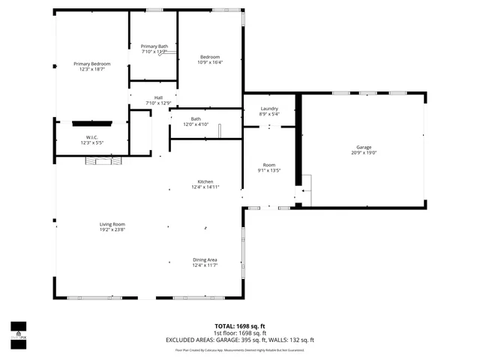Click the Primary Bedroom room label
[91, 64]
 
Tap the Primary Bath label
[154, 46]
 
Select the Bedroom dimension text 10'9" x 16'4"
[210, 63]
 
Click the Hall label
[158, 97]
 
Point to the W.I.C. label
[91, 136]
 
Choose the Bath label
[196, 118]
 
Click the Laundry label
[269, 109]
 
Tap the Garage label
[364, 147]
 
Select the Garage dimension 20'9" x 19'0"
[364, 153]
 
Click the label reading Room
[269, 165]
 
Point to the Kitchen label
[205, 181]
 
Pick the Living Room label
[112, 224]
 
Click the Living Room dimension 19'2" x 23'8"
[112, 230]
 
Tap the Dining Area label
[205, 259]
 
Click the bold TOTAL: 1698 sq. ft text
[239, 326]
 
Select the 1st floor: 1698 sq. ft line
[239, 333]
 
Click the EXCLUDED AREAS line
[239, 340]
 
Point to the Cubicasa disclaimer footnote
[239, 349]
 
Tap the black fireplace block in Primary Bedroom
[92, 122]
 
